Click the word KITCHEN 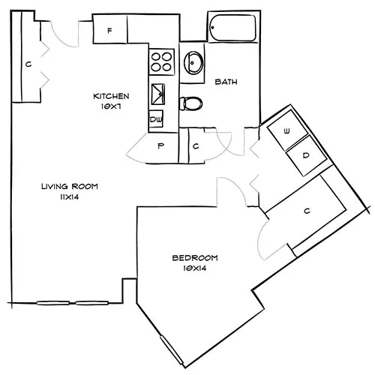(x=112, y=96)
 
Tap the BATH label (x=226, y=82)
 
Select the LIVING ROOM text (x=69, y=185)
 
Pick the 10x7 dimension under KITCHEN (x=112, y=107)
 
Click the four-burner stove (x=161, y=60)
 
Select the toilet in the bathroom (x=191, y=103)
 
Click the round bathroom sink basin (x=194, y=62)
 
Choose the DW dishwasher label (x=157, y=119)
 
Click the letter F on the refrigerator (x=109, y=31)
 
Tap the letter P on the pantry (x=160, y=147)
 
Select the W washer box (x=286, y=131)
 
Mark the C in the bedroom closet (x=307, y=211)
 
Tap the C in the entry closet (x=28, y=64)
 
